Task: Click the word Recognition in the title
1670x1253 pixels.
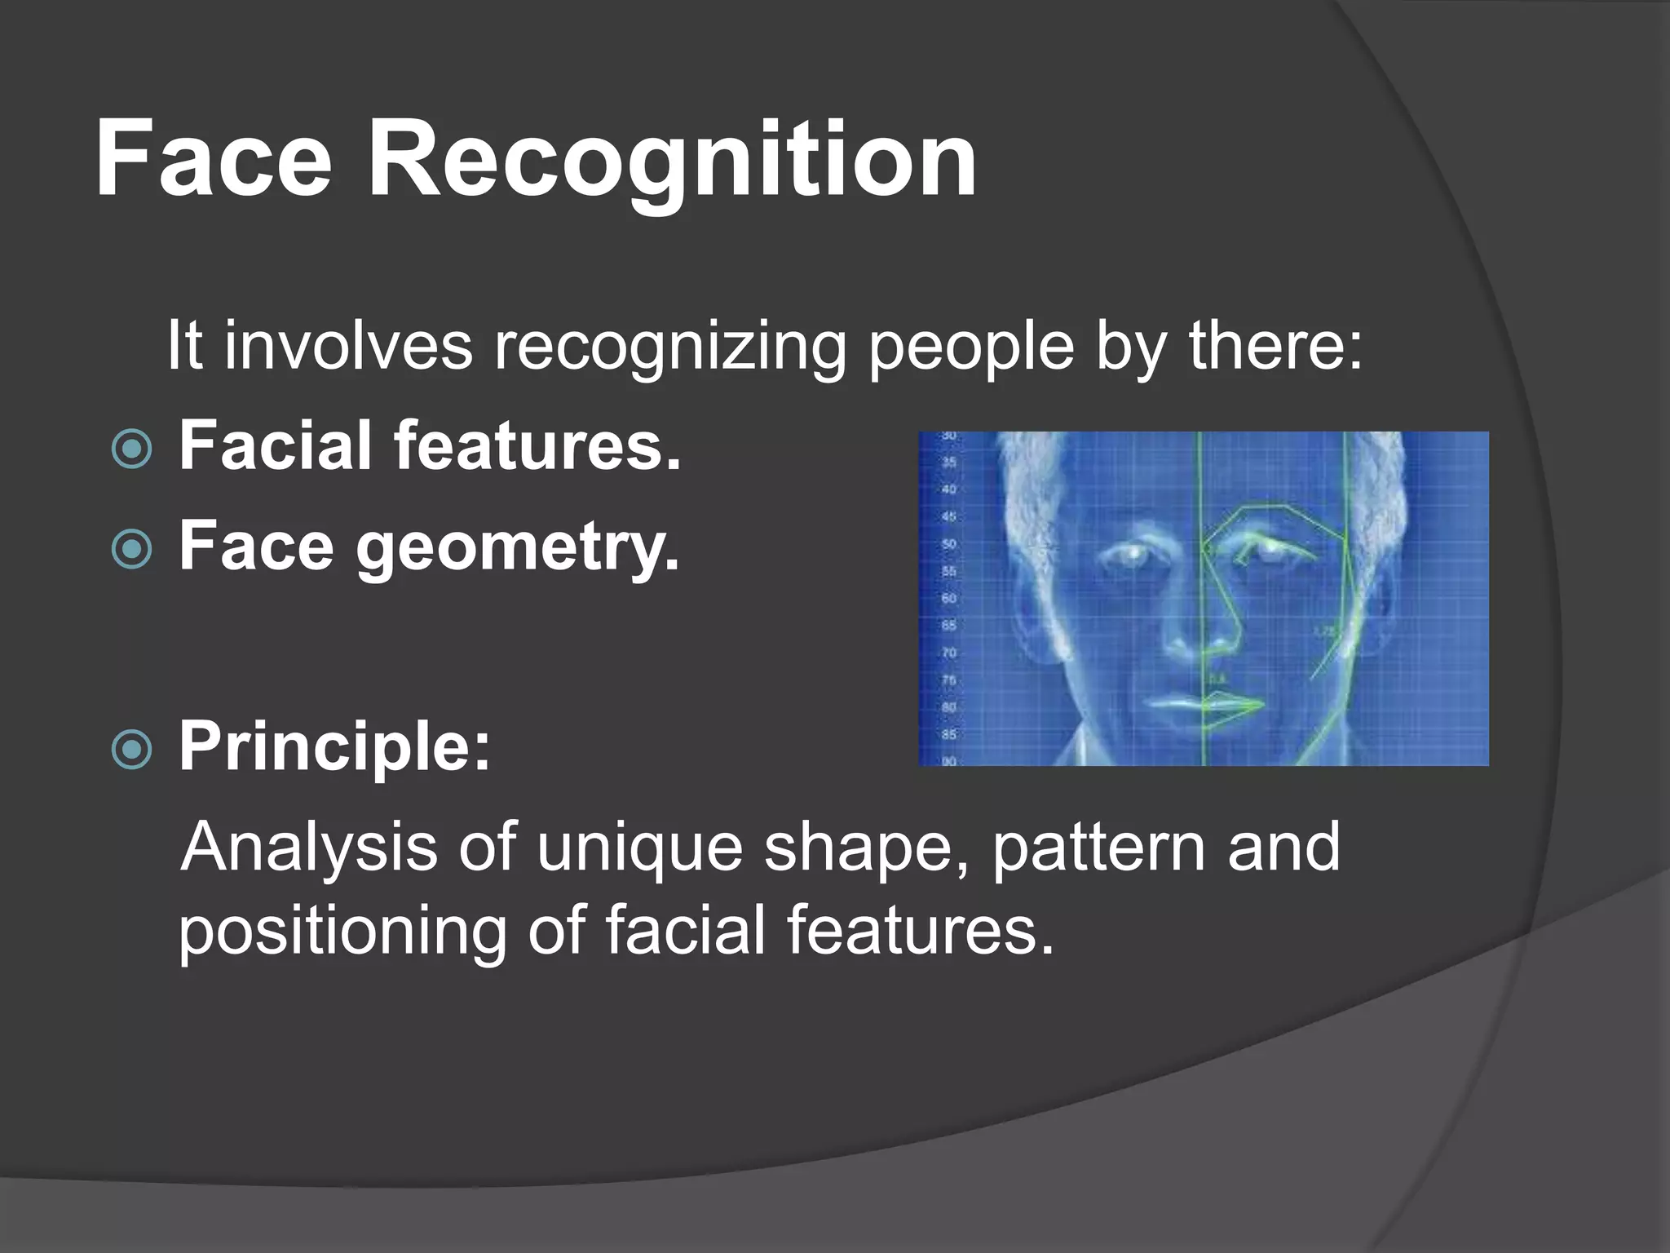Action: point(672,160)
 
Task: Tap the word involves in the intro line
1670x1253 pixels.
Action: point(348,346)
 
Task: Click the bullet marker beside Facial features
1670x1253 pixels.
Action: point(131,449)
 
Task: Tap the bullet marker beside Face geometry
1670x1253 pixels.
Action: point(131,549)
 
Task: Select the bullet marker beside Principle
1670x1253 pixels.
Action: point(131,749)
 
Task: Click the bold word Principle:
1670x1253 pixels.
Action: point(334,747)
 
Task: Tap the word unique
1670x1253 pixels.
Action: point(639,848)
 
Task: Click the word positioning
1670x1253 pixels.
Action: point(342,932)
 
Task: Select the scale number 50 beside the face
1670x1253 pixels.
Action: point(948,544)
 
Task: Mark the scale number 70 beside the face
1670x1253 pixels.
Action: point(948,653)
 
